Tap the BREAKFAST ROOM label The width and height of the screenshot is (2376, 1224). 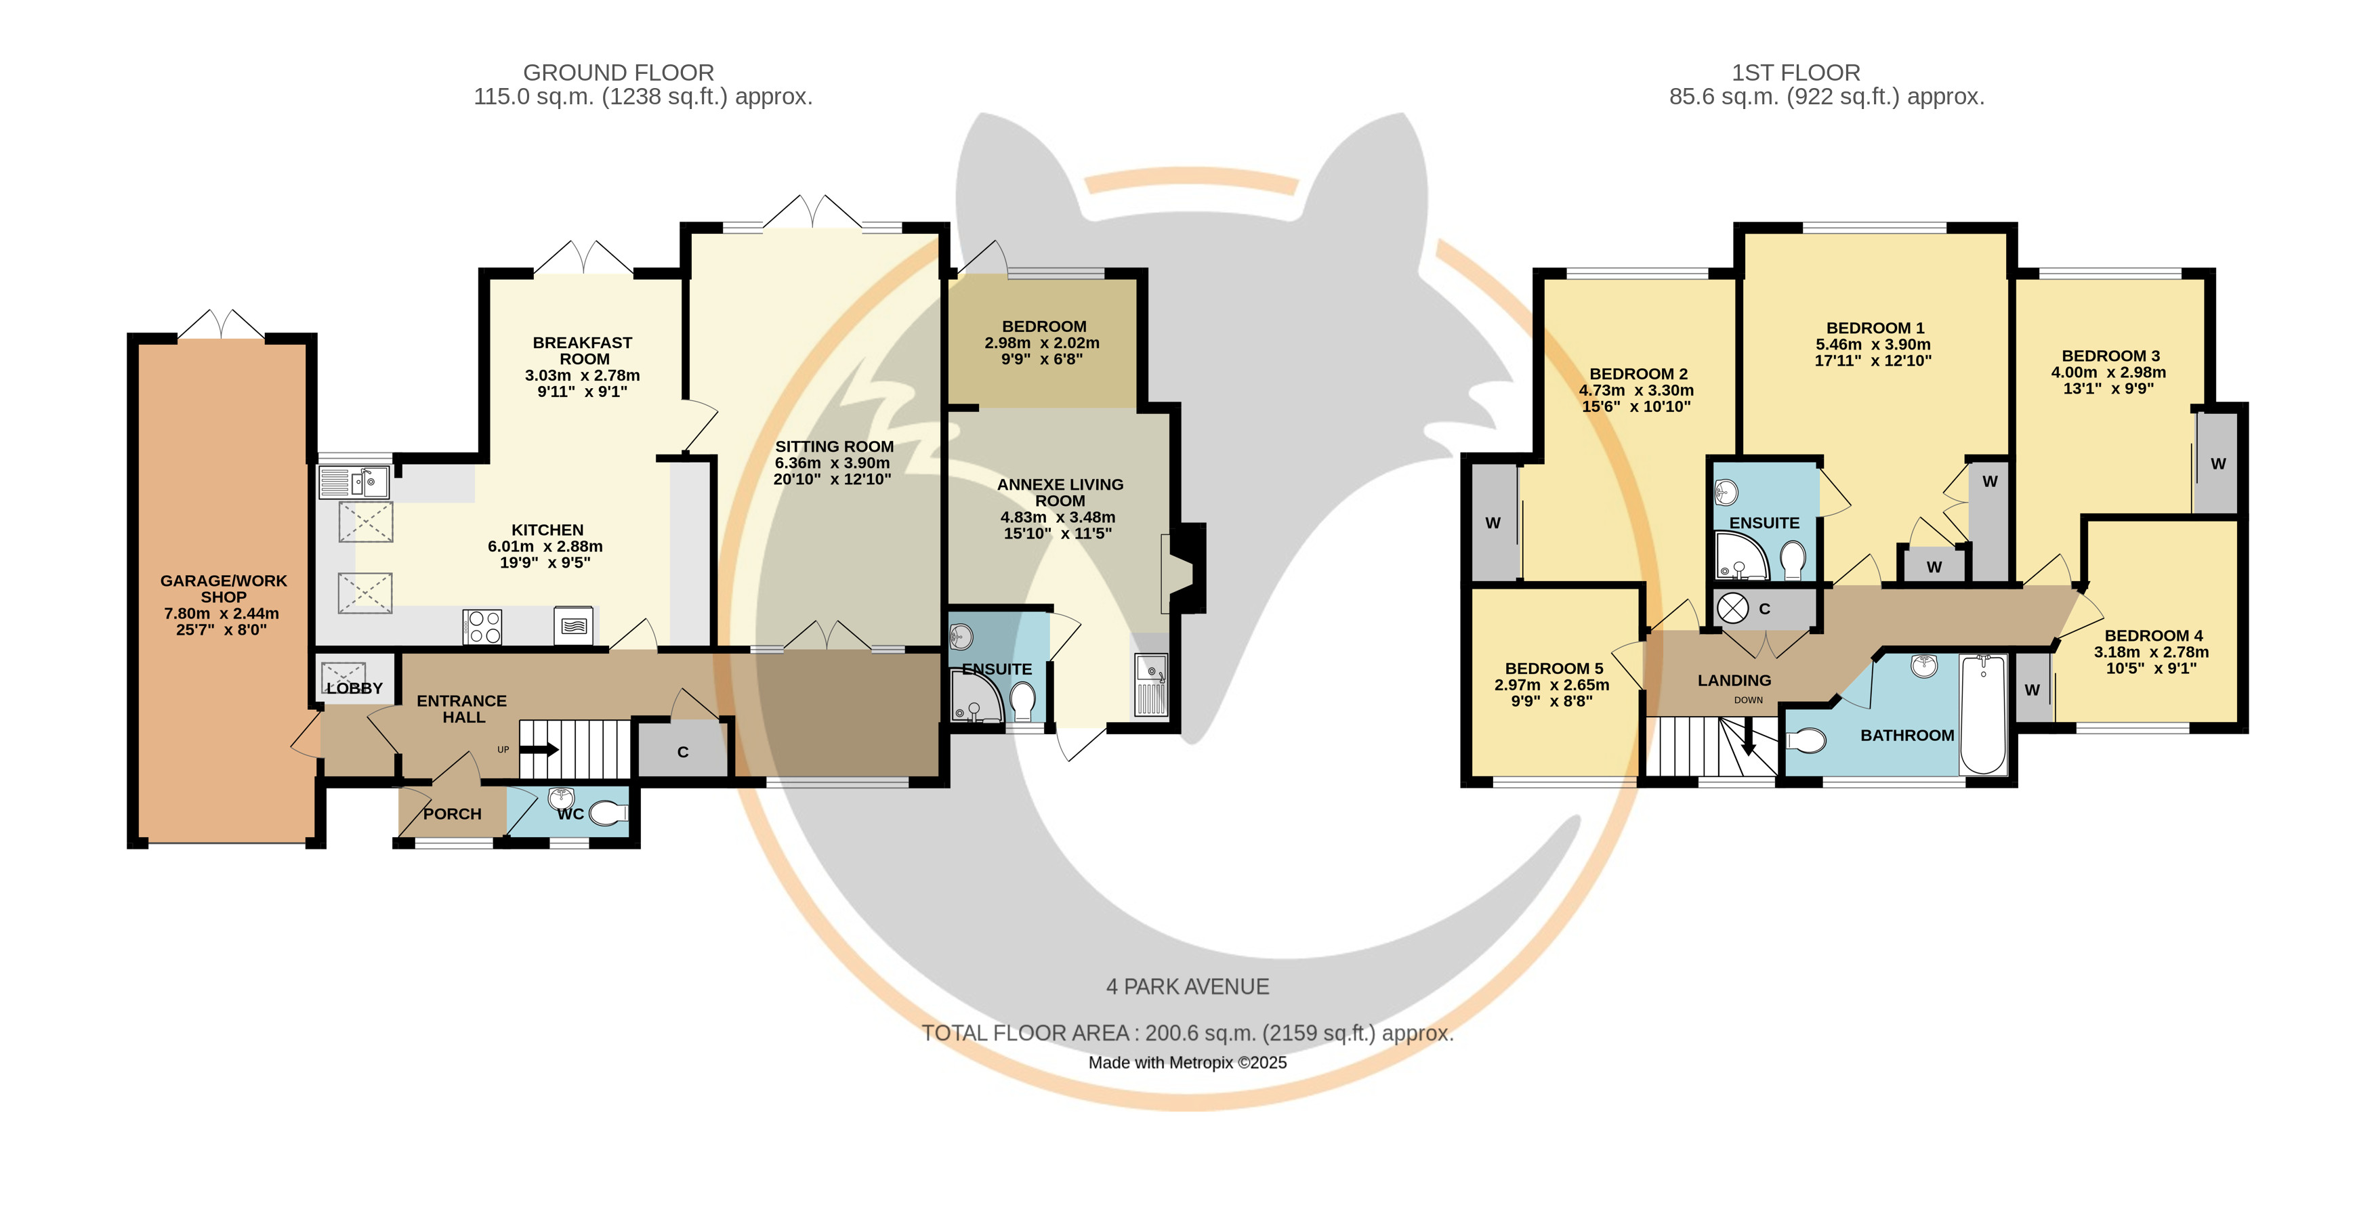[583, 350]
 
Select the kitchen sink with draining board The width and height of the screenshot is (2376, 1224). [353, 482]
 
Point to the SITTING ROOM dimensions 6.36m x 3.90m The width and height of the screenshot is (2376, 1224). [832, 462]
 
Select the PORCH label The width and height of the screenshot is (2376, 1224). [452, 814]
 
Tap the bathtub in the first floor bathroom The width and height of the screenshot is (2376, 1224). [1983, 714]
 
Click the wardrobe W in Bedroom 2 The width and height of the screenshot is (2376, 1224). [1493, 523]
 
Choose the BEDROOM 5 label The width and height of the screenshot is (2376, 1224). [1554, 668]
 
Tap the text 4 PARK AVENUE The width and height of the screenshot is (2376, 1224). [1188, 986]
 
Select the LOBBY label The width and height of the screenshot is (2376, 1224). [354, 688]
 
